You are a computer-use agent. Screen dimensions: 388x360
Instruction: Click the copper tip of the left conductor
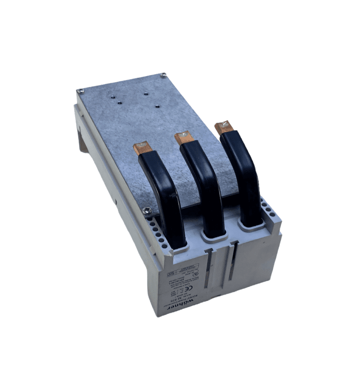pyautogui.click(x=142, y=149)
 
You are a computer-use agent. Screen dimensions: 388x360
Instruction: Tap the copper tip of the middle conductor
pyautogui.click(x=184, y=137)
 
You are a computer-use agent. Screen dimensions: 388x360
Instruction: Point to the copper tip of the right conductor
pyautogui.click(x=223, y=127)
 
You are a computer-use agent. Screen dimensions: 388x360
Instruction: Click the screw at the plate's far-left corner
pyautogui.click(x=80, y=90)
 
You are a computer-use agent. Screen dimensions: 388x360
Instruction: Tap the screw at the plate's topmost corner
pyautogui.click(x=162, y=75)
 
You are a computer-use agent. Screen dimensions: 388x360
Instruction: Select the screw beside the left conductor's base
pyautogui.click(x=148, y=212)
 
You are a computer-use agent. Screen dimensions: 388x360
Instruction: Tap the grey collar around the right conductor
pyautogui.click(x=251, y=225)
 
